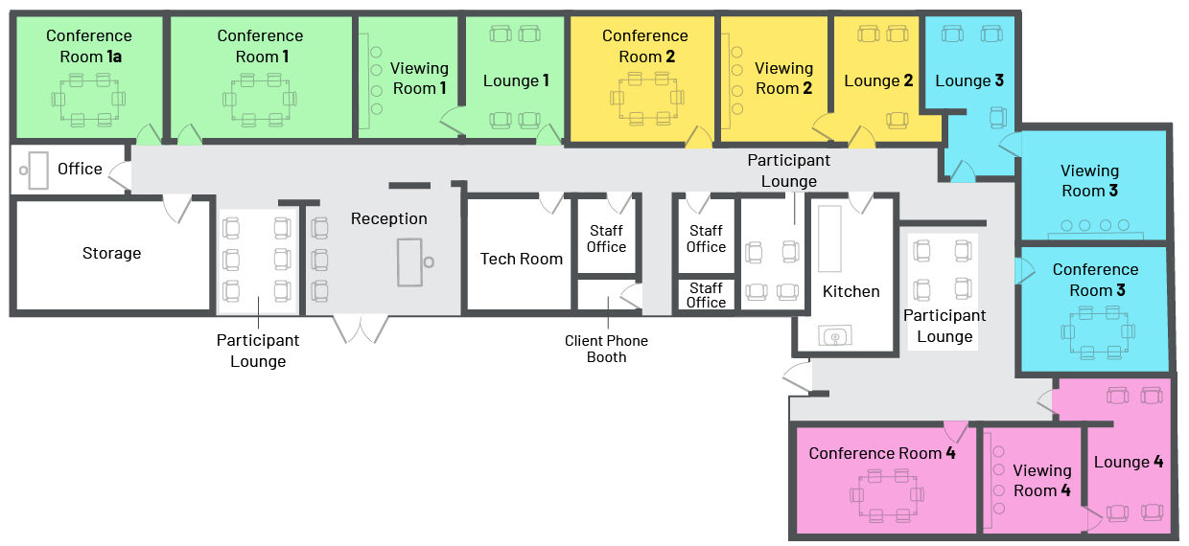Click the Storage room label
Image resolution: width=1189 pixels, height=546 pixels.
tap(111, 253)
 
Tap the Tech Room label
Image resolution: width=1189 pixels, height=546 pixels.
tap(521, 259)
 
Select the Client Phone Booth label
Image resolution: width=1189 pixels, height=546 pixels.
tap(606, 349)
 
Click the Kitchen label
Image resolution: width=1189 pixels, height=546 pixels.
tap(851, 291)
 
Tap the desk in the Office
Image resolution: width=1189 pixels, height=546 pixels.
tap(37, 171)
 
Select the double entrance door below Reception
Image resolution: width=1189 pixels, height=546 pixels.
tap(361, 329)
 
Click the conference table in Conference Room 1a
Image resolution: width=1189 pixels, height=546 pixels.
tap(89, 99)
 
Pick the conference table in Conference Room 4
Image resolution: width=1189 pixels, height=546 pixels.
tap(888, 495)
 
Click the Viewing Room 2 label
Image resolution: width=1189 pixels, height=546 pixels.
tap(783, 79)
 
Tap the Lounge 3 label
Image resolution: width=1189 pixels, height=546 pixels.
tap(968, 80)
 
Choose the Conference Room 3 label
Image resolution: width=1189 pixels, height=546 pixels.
tap(1095, 280)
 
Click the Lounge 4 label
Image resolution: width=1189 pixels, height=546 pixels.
tap(1128, 462)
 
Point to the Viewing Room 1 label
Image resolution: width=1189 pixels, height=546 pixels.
tap(419, 79)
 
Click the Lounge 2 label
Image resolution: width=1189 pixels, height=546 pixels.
tap(877, 80)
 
